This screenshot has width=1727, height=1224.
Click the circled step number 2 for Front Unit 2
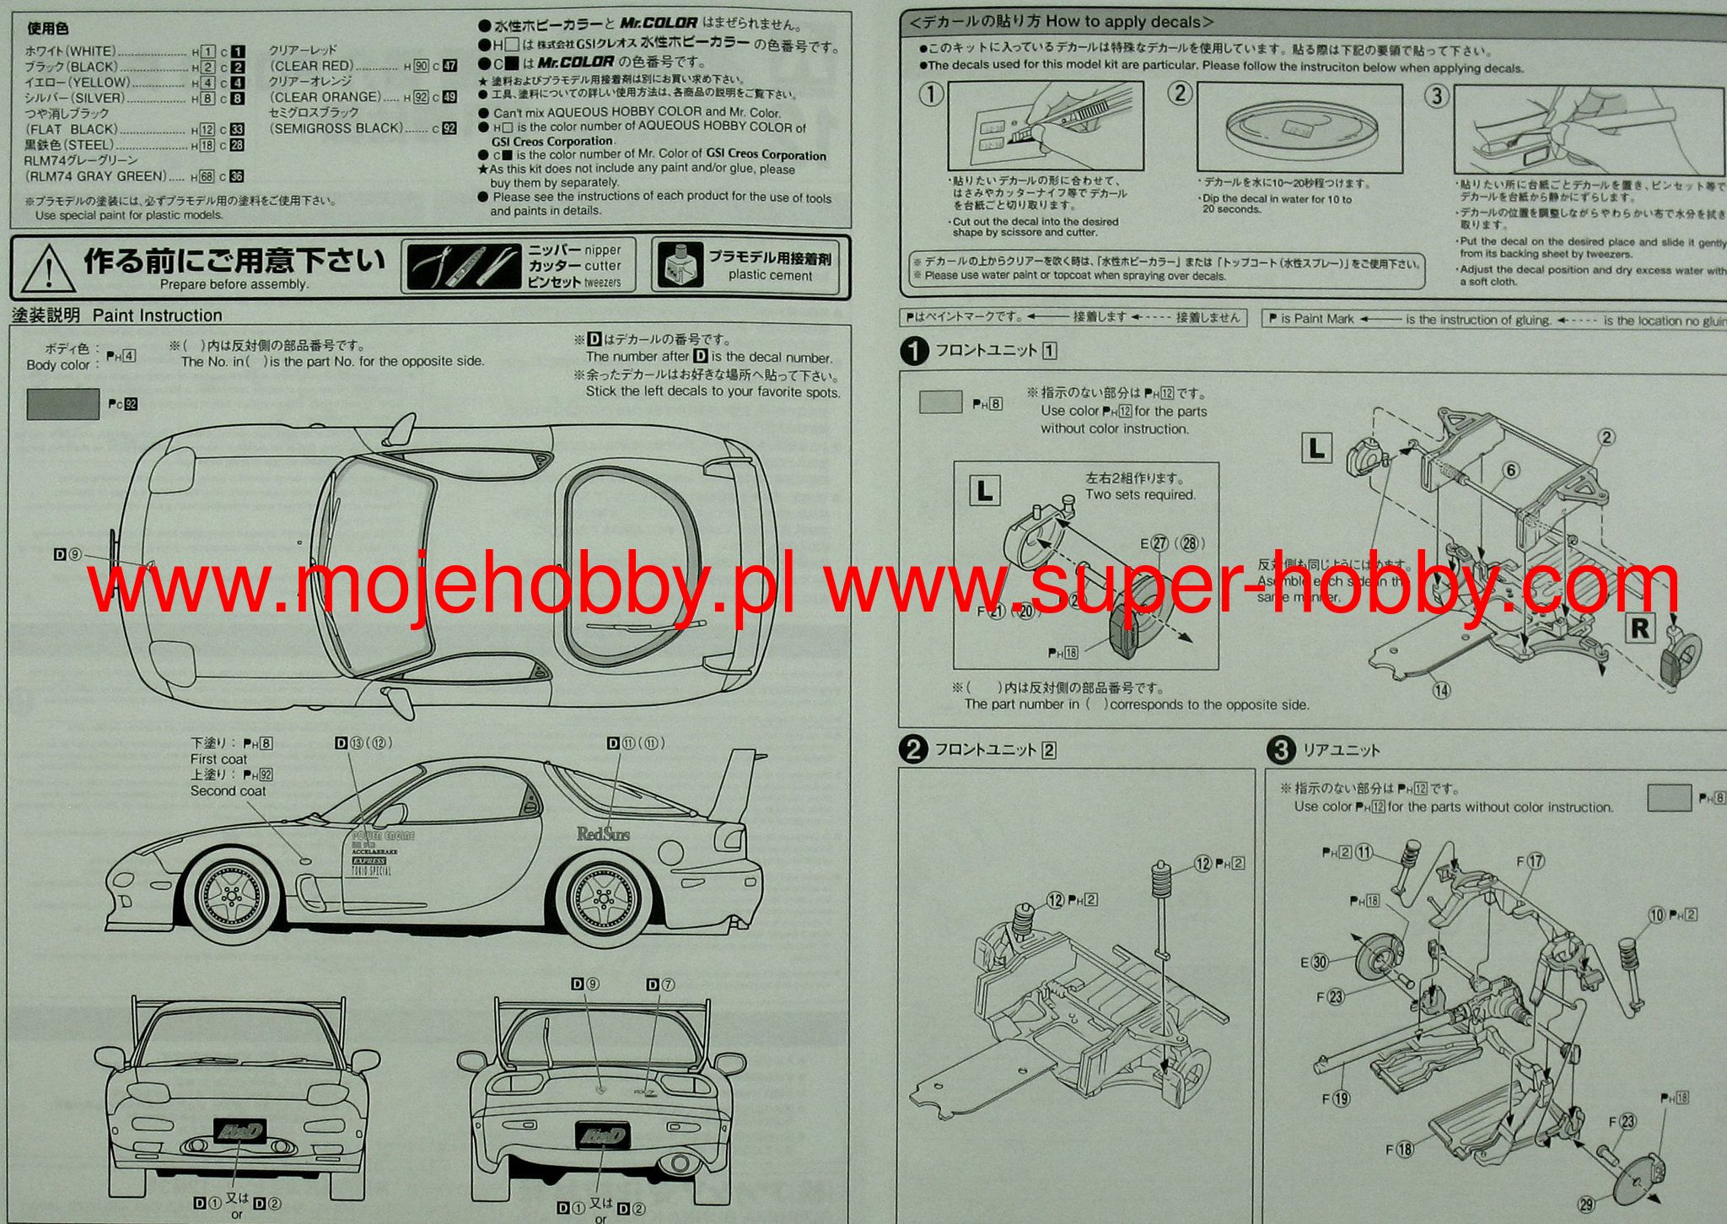[913, 750]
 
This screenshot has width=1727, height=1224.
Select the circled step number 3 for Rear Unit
[1281, 750]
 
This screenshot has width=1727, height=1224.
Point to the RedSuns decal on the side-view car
[603, 834]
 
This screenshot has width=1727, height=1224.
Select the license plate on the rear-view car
[601, 1135]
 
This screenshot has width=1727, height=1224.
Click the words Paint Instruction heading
[158, 315]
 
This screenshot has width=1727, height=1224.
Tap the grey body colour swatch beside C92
[62, 404]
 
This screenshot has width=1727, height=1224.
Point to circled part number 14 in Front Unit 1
[1441, 690]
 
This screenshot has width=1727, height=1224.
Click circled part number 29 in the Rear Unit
[1586, 1205]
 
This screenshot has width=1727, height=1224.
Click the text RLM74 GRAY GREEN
[95, 176]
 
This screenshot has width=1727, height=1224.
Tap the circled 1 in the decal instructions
[931, 94]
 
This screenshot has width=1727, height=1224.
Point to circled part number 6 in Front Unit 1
[1510, 471]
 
